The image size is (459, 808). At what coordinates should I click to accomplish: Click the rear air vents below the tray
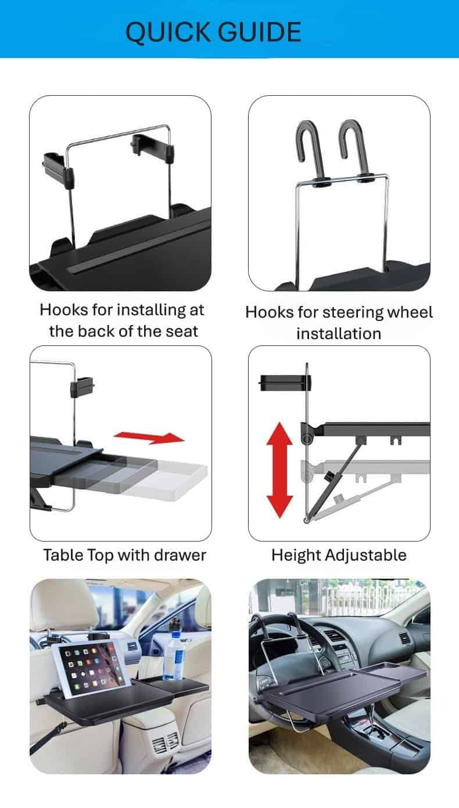click(168, 741)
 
